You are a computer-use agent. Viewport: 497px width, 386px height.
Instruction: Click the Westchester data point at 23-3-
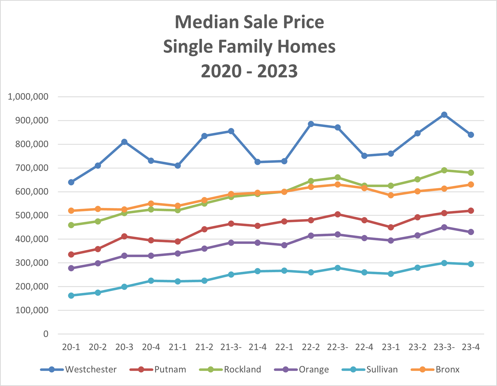click(x=444, y=115)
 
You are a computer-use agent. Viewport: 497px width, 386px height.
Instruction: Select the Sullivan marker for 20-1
click(x=71, y=295)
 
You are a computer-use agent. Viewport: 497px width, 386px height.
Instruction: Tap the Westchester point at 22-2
click(x=311, y=124)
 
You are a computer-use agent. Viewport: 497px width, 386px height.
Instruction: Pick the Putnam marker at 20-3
click(x=124, y=236)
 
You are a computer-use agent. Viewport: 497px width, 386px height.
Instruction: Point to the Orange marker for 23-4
click(x=471, y=232)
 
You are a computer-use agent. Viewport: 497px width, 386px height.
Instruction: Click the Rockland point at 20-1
click(x=71, y=225)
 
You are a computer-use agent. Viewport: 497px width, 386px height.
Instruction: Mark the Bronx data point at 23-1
click(x=391, y=195)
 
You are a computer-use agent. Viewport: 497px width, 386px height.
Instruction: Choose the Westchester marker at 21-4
click(x=258, y=162)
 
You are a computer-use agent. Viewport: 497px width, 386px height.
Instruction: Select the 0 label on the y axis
click(x=46, y=334)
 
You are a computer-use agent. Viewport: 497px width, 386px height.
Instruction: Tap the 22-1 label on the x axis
click(x=284, y=347)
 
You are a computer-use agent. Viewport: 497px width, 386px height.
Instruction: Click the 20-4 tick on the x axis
click(x=151, y=347)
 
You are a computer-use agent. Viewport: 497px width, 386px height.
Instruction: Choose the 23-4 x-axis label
click(x=471, y=347)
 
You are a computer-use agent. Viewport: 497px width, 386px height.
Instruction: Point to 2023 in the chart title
click(x=277, y=71)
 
